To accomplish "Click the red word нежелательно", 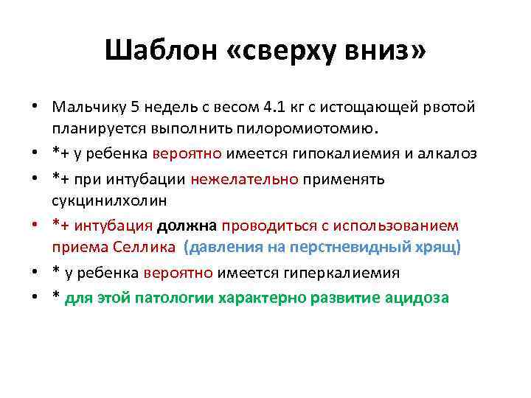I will click(244, 179).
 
